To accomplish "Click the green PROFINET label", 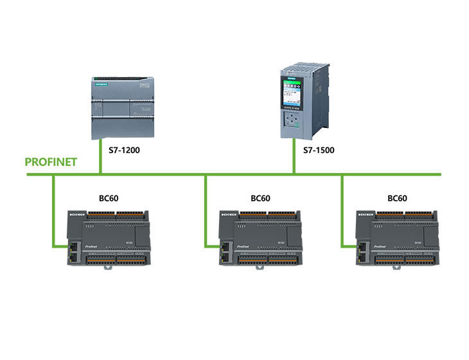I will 51,161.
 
